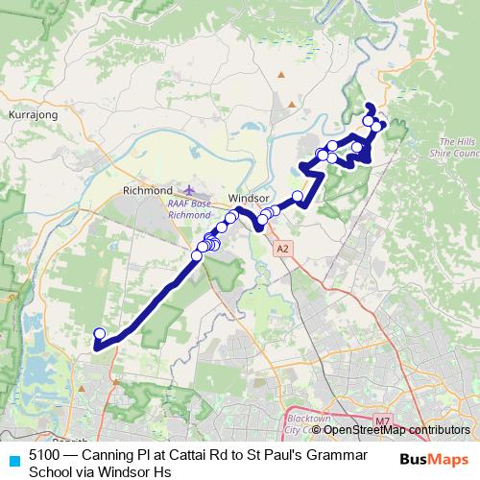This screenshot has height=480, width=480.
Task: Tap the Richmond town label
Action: pyautogui.click(x=147, y=191)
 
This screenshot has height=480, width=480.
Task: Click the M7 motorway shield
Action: pyautogui.click(x=384, y=420)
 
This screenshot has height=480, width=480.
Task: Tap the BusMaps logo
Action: pyautogui.click(x=434, y=459)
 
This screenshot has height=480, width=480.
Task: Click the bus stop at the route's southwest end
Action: pyautogui.click(x=99, y=334)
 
